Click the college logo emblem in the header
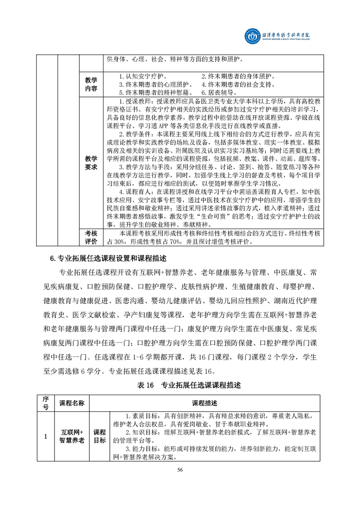[x=251, y=35]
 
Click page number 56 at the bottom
[x=180, y=470]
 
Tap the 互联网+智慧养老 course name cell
[x=72, y=436]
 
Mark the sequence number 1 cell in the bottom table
[x=45, y=436]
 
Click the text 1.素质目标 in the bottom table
[x=143, y=416]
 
